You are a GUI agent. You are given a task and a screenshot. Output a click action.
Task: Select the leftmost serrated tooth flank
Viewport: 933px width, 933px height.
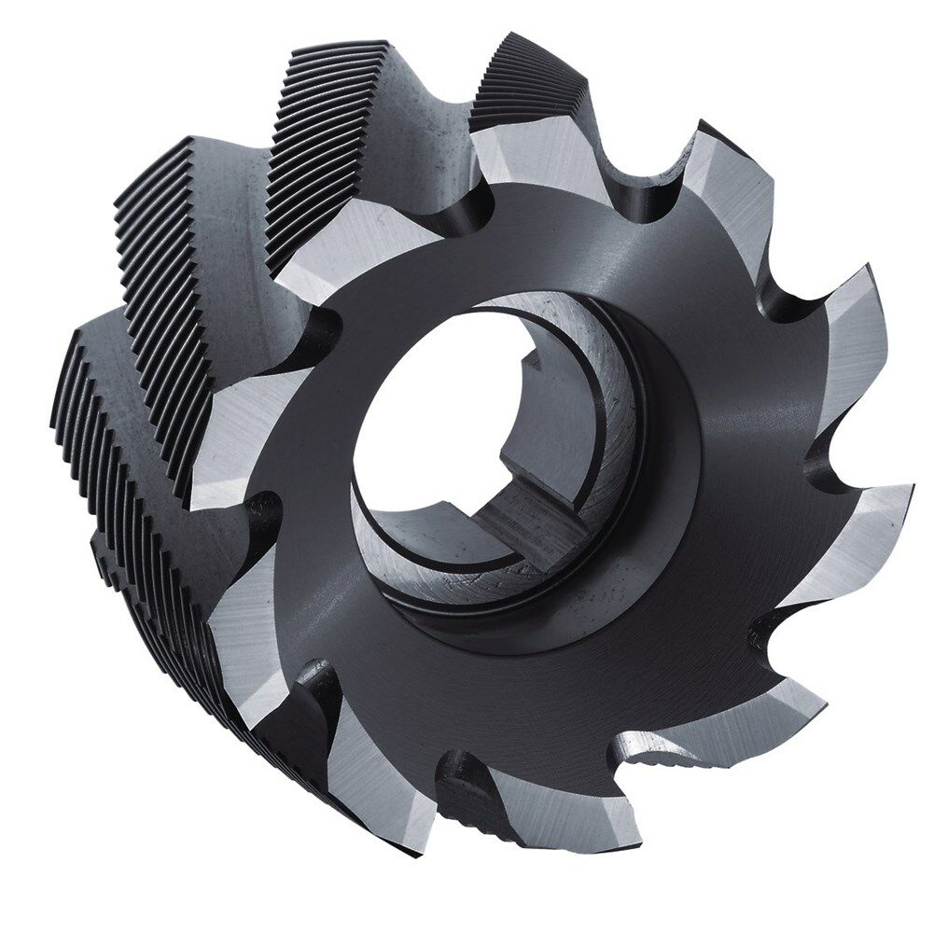tap(103, 439)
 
